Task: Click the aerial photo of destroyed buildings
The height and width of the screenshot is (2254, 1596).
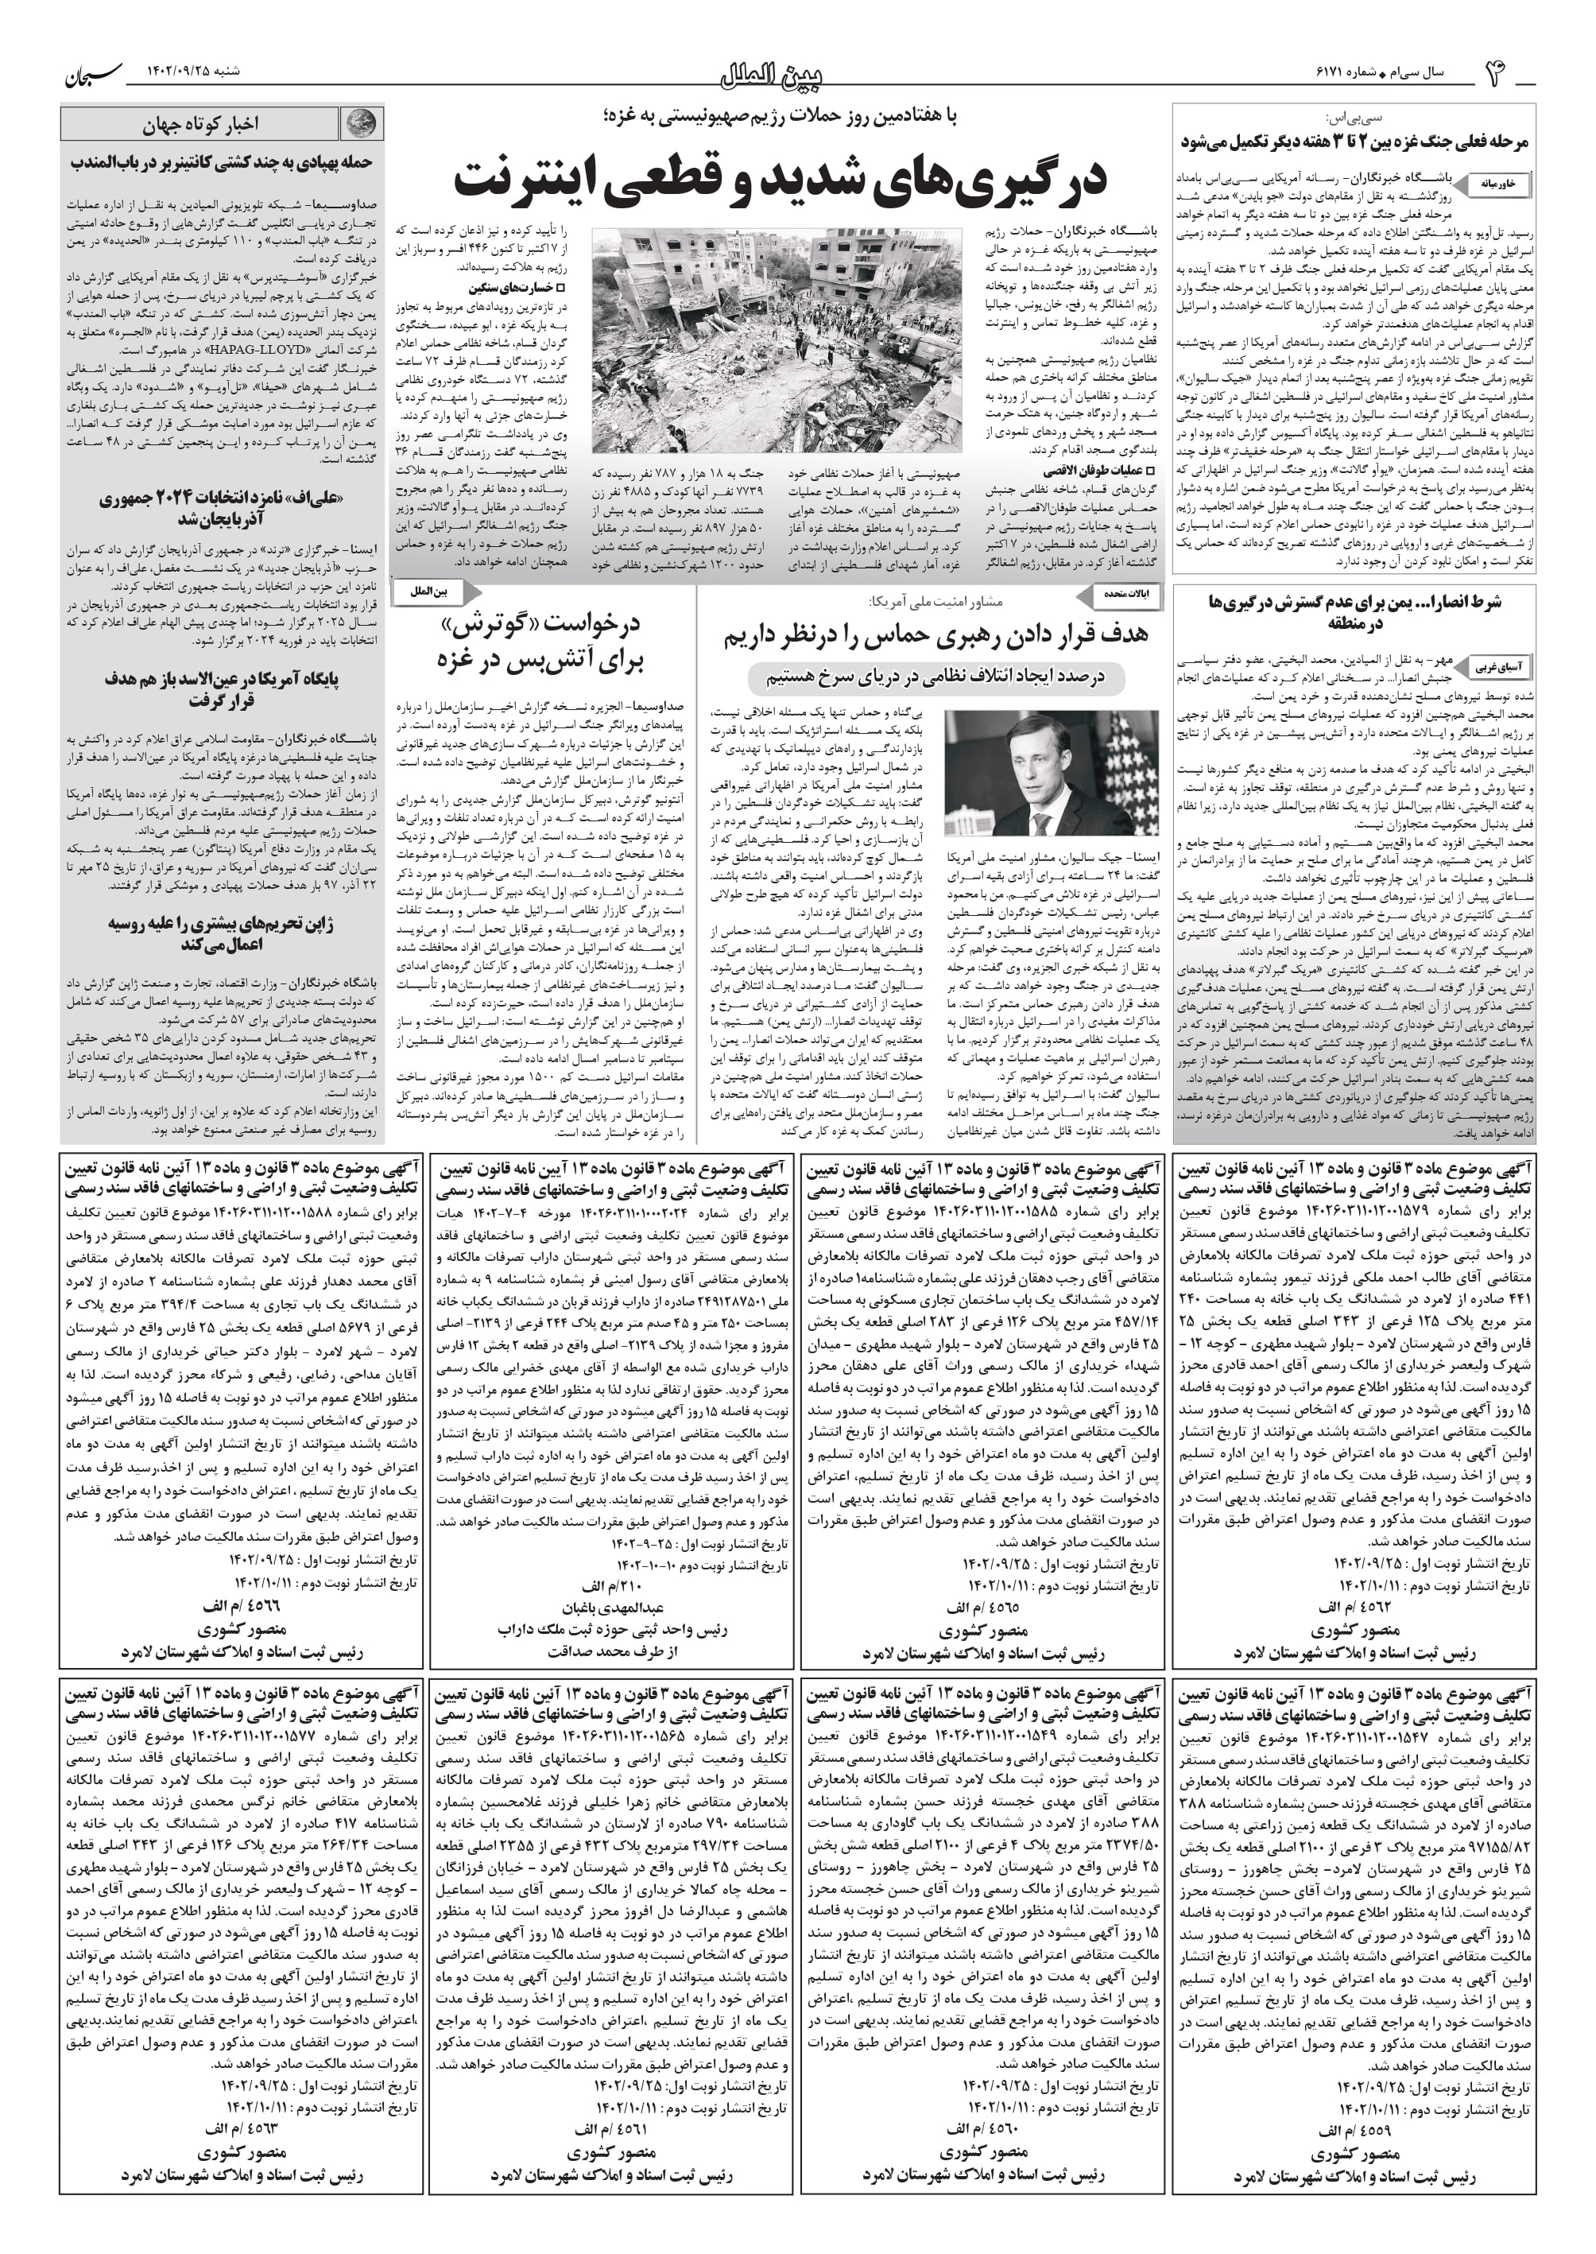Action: [x=774, y=339]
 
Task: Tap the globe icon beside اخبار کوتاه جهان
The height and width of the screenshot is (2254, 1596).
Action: [x=362, y=124]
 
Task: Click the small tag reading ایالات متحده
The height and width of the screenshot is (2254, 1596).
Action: [x=1129, y=594]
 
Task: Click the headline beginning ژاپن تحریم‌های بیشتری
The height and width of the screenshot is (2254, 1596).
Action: [x=215, y=935]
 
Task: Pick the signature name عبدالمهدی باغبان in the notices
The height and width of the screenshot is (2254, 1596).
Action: [x=612, y=1609]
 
